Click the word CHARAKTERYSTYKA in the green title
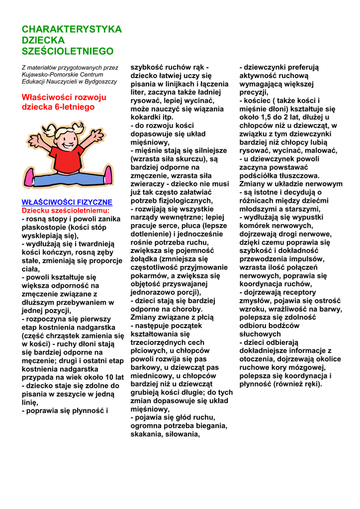[72, 29]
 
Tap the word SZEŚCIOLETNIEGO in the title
[68, 51]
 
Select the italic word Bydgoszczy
[101, 82]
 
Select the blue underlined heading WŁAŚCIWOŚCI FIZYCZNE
[67, 203]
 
